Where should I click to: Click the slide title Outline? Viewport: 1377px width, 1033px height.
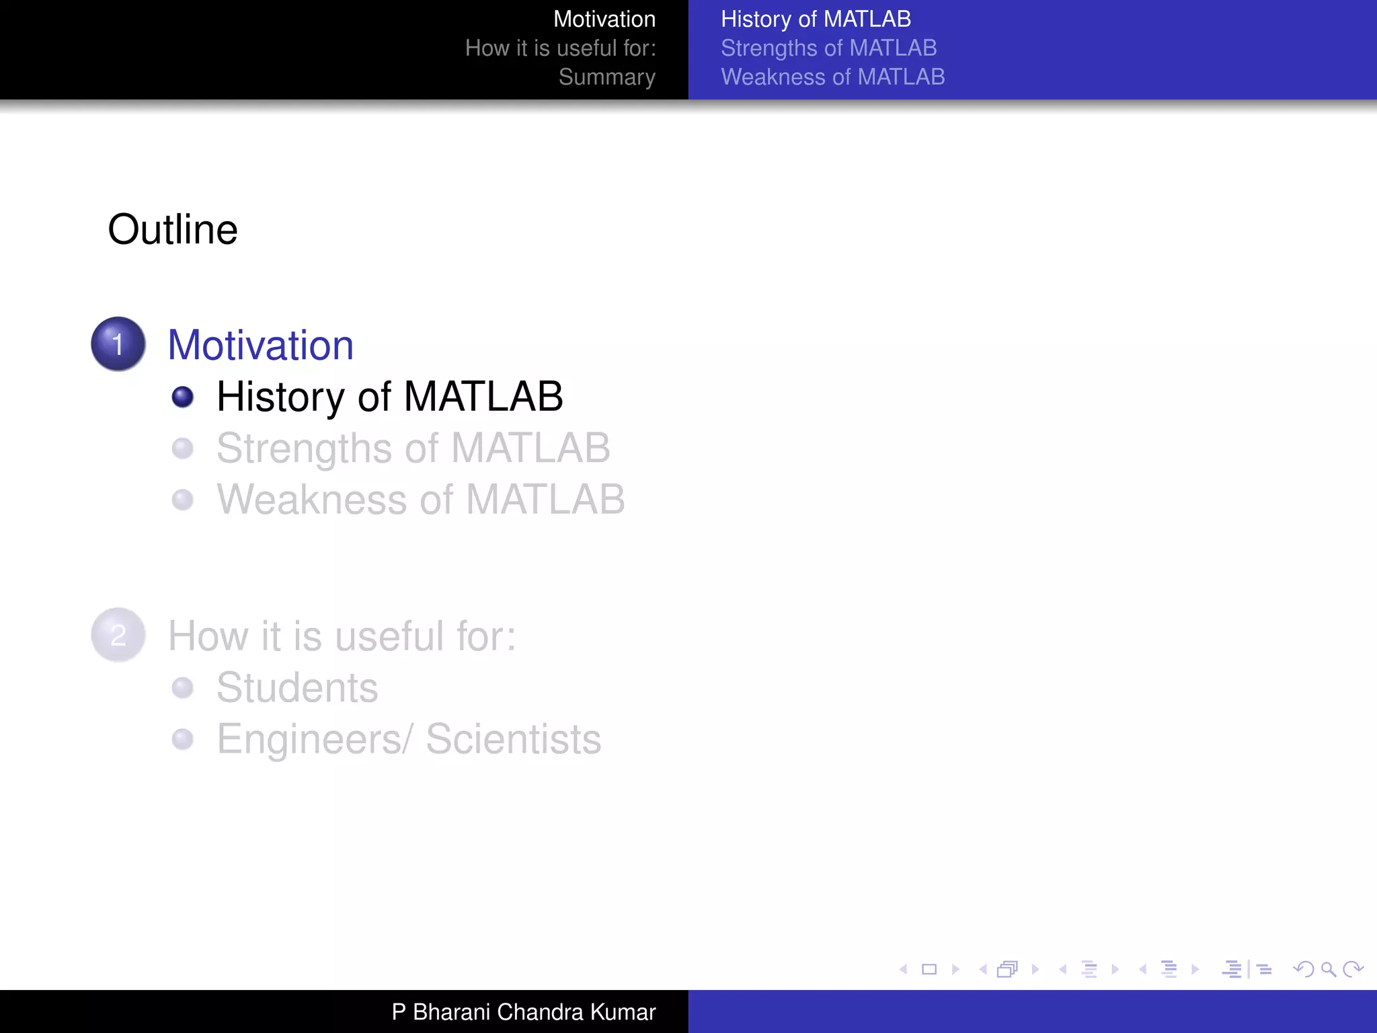tap(173, 229)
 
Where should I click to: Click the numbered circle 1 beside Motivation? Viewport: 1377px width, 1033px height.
tap(118, 344)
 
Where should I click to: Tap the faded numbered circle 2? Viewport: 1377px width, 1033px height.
tap(118, 635)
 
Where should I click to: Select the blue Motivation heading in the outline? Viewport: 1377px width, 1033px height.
tap(260, 345)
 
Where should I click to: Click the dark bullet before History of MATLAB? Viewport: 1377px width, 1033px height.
tap(182, 397)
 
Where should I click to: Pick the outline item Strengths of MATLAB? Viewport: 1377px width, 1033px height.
tap(413, 448)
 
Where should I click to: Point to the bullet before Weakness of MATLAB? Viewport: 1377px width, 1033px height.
tap(182, 500)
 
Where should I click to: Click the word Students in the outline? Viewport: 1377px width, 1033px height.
tap(297, 687)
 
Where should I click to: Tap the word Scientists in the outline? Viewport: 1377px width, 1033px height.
tap(513, 739)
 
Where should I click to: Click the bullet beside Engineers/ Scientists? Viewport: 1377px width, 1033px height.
tap(182, 739)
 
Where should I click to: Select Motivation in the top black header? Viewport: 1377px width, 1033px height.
tap(604, 19)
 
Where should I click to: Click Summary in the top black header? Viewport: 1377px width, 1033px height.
tap(606, 77)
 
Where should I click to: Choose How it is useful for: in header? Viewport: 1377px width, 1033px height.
tap(560, 48)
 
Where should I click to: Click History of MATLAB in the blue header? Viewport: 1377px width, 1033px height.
tap(816, 19)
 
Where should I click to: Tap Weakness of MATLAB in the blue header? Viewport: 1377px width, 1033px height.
tap(832, 77)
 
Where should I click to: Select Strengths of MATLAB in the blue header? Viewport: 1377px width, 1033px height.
tap(828, 48)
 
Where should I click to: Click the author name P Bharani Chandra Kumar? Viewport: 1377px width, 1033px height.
tap(523, 1011)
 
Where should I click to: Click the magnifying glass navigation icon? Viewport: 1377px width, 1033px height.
tap(1328, 969)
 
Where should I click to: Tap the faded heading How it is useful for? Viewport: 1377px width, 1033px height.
tap(342, 636)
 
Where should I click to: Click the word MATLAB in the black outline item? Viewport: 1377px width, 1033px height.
tap(483, 396)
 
